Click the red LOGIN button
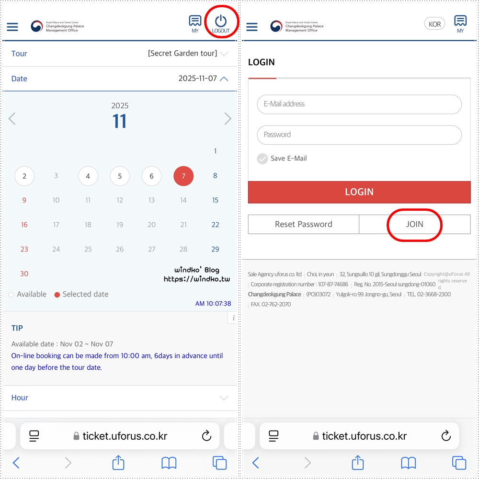point(359,192)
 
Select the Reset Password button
point(303,224)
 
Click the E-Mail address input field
point(359,104)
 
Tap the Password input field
point(359,135)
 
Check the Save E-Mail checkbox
point(262,159)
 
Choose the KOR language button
point(434,24)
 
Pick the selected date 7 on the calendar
point(183,176)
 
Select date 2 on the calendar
point(24,176)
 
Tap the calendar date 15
point(215,200)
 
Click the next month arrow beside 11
point(228,118)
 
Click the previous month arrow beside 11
point(12,118)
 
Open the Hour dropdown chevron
point(224,398)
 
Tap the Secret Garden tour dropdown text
point(182,54)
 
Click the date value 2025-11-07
point(198,79)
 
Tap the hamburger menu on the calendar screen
point(12,27)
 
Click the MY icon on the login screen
point(460,24)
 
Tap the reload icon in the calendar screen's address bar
point(206,435)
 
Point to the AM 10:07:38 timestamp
point(213,303)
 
